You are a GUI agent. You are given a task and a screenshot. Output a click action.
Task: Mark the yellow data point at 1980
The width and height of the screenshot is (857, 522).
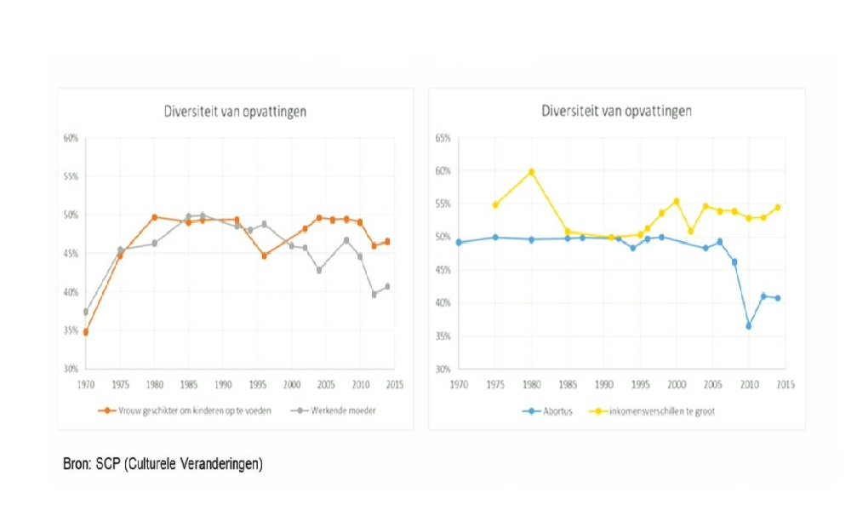tap(531, 172)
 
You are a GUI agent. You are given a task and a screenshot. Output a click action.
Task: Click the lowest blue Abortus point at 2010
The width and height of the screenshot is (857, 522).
tap(749, 326)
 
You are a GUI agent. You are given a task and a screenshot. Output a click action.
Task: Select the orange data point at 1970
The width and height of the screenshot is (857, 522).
tap(85, 332)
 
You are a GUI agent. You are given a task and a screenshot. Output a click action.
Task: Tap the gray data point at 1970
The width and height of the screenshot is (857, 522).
tap(85, 312)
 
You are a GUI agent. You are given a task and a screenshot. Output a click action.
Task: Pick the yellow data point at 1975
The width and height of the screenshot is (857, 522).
tap(495, 204)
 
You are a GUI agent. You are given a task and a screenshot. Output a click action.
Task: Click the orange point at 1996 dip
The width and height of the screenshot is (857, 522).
tap(264, 255)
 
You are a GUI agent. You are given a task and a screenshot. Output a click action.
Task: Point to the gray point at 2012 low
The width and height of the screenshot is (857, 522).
tap(374, 294)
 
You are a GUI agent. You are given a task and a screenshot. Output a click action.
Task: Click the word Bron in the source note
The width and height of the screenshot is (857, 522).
tap(76, 465)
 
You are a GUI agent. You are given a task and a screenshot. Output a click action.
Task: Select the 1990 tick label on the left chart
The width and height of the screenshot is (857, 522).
tap(223, 384)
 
